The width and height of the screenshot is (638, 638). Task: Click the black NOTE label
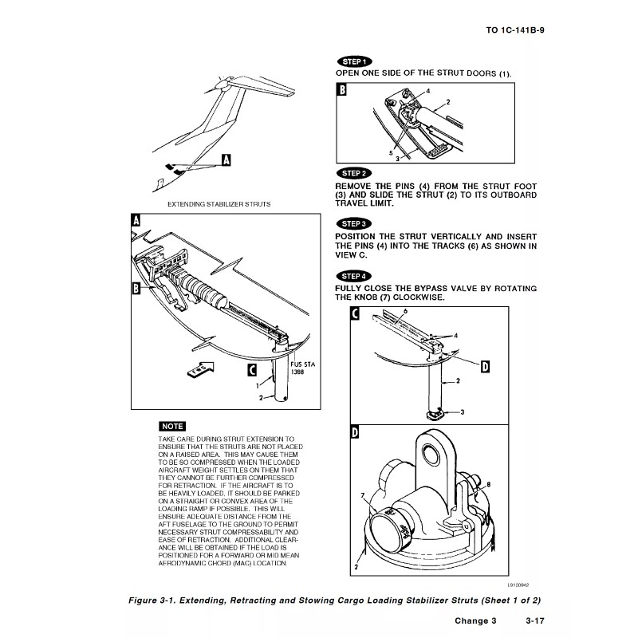172,427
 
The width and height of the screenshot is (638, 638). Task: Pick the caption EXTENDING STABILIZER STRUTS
219,204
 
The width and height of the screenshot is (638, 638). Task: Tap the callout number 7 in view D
364,495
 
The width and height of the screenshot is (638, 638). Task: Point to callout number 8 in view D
489,484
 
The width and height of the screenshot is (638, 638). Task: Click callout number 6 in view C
405,310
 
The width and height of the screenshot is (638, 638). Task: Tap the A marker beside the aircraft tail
225,160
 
